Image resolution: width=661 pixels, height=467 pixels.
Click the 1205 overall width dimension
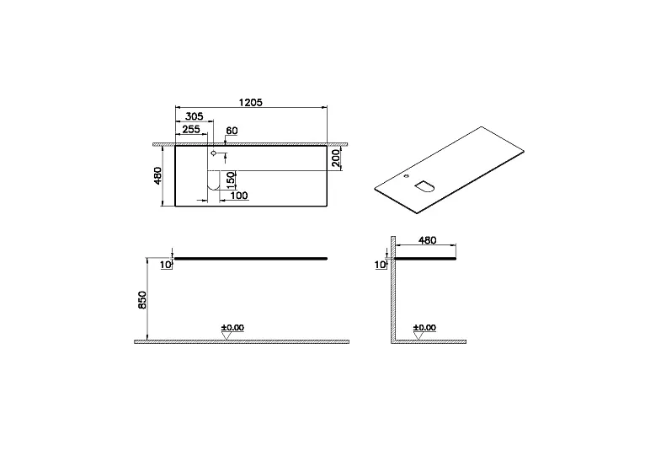click(x=251, y=103)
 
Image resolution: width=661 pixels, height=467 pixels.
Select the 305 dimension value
click(x=195, y=116)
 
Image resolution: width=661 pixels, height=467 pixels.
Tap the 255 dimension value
click(x=191, y=129)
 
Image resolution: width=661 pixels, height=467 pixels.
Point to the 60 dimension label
click(x=232, y=131)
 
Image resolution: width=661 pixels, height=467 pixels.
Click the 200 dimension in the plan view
click(x=336, y=158)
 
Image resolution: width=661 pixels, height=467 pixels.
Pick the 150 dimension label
click(x=230, y=180)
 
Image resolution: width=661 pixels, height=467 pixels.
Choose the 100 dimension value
click(x=239, y=196)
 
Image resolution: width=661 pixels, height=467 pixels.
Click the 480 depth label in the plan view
click(x=157, y=175)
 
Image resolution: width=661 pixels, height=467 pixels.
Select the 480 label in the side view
click(x=427, y=240)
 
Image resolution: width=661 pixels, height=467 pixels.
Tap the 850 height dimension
click(x=142, y=300)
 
